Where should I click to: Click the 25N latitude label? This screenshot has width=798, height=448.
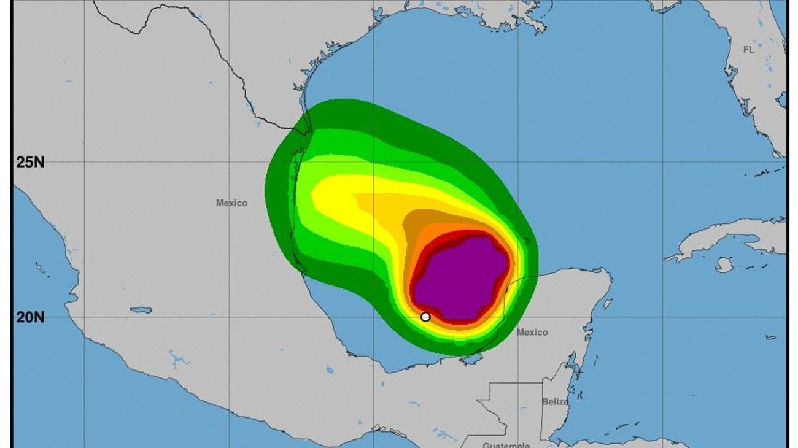click(x=30, y=163)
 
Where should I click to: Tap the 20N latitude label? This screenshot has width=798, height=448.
click(x=30, y=317)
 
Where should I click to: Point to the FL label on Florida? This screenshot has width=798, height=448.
click(x=748, y=50)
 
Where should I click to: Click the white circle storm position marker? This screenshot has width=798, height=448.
click(x=425, y=317)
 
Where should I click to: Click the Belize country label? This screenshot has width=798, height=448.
click(x=555, y=401)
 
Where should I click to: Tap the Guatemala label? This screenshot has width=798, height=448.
click(x=506, y=445)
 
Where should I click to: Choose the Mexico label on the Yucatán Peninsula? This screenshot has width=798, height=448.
click(x=532, y=332)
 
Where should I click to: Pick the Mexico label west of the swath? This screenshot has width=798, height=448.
click(x=231, y=203)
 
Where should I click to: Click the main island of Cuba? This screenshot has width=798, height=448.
click(x=730, y=236)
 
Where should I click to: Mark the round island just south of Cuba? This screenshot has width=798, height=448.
click(x=724, y=265)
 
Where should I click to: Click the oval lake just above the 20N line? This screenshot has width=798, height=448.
click(x=141, y=310)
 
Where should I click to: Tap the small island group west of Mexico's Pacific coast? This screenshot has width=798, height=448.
click(x=43, y=270)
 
